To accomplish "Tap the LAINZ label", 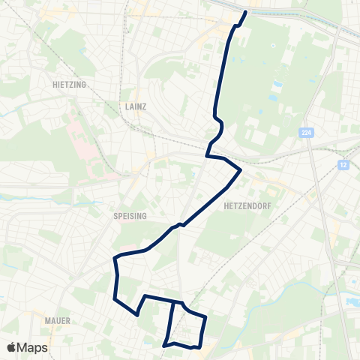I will coord(134,107).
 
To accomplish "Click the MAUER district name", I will coord(57,320).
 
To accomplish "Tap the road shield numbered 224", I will coord(305,133).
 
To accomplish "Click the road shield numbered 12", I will coord(344,163).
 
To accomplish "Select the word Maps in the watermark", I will coord(33,347).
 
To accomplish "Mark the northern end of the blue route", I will coord(246,12).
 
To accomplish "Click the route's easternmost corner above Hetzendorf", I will coord(241,171).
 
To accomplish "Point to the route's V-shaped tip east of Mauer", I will coord(137,315).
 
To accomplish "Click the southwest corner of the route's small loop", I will coord(164,345).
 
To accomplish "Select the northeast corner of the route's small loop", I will coord(205,317).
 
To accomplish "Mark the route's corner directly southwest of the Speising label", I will coord(115,258).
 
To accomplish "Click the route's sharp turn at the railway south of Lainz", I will coord(207,156).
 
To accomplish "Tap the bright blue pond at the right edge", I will coord(352,302).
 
